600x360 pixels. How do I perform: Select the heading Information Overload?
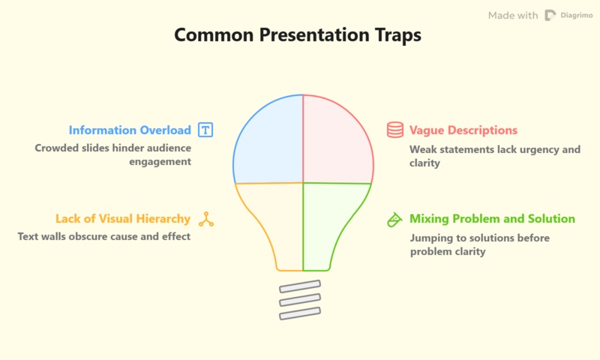pyautogui.click(x=130, y=130)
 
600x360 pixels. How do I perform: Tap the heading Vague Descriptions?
pyautogui.click(x=463, y=130)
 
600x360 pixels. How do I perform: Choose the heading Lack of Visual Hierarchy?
pyautogui.click(x=123, y=219)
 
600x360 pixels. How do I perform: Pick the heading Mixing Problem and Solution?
pyautogui.click(x=492, y=219)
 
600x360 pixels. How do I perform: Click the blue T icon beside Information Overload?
pyautogui.click(x=205, y=130)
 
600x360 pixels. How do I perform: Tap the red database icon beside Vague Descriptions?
pyautogui.click(x=394, y=130)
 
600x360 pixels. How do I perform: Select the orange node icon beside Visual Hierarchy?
pyautogui.click(x=205, y=219)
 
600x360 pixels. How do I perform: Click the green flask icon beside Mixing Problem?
pyautogui.click(x=394, y=219)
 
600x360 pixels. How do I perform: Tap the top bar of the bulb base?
pyautogui.click(x=300, y=286)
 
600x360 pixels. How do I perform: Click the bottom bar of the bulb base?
pyautogui.click(x=300, y=313)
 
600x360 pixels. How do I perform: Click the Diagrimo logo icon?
pyautogui.click(x=550, y=15)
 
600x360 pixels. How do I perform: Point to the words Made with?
pyautogui.click(x=513, y=15)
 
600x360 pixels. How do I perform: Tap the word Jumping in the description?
pyautogui.click(x=432, y=237)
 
